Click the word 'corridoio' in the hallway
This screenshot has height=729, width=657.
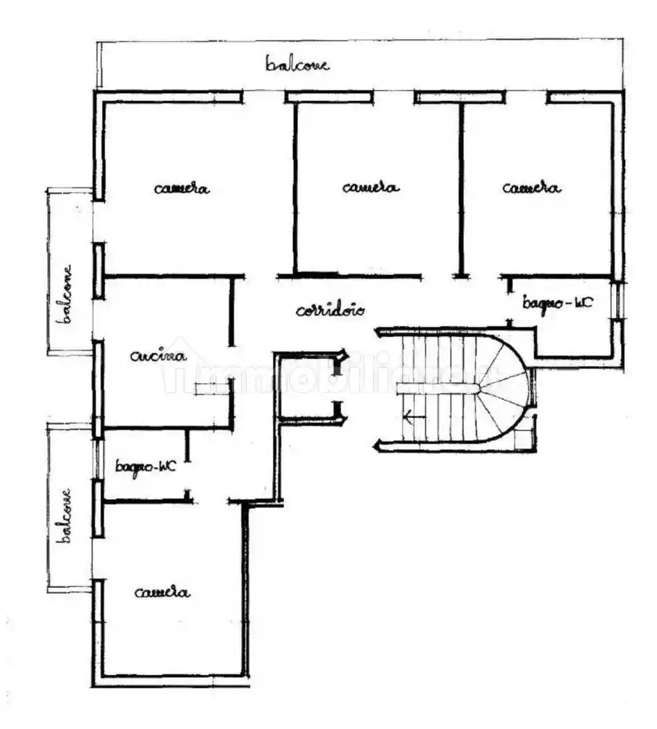pyautogui.click(x=330, y=310)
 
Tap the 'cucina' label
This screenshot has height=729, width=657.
pyautogui.click(x=158, y=356)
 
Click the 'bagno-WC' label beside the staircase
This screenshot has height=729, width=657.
pyautogui.click(x=558, y=303)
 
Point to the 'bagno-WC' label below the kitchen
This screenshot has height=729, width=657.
pyautogui.click(x=146, y=466)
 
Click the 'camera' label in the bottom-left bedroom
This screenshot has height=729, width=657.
pyautogui.click(x=163, y=592)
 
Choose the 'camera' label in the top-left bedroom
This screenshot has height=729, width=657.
pyautogui.click(x=182, y=188)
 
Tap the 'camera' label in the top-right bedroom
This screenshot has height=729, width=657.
pyautogui.click(x=531, y=188)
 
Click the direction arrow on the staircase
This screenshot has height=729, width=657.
pyautogui.click(x=415, y=417)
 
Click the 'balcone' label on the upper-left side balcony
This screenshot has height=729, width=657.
pyautogui.click(x=65, y=294)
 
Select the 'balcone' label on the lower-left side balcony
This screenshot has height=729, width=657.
pyautogui.click(x=64, y=515)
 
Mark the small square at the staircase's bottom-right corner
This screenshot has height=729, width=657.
pyautogui.click(x=524, y=439)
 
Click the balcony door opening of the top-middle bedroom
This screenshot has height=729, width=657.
pyautogui.click(x=393, y=97)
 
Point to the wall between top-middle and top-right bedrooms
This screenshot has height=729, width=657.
pyautogui.click(x=461, y=190)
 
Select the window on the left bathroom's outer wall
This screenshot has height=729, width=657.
pyautogui.click(x=98, y=459)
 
